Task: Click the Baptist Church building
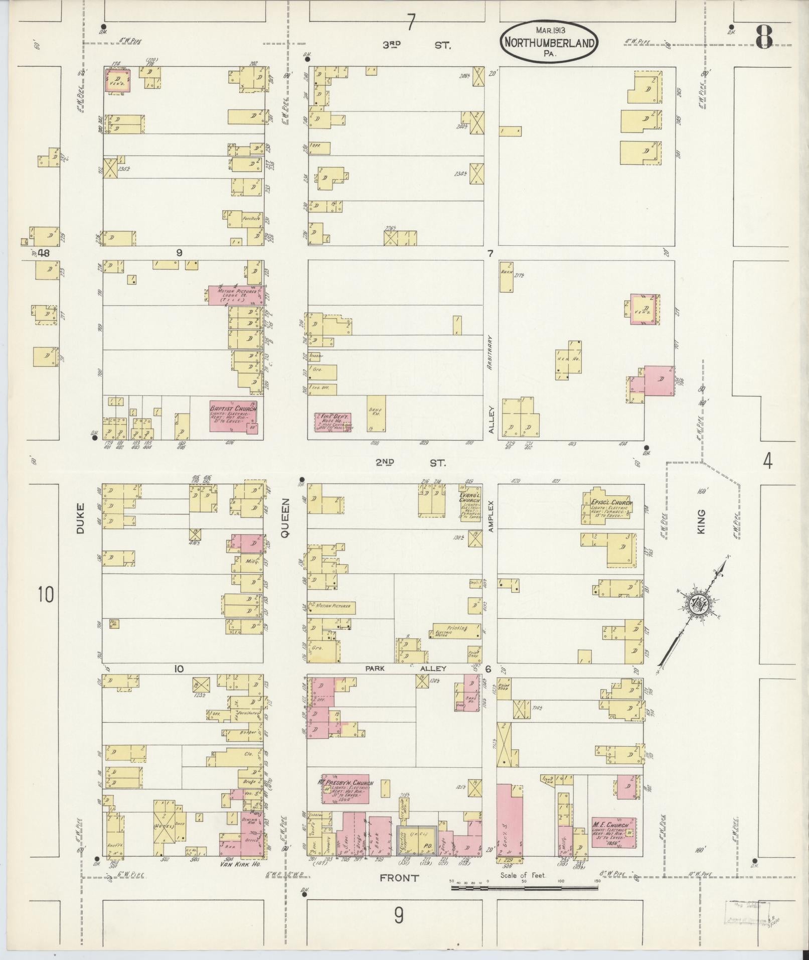233,416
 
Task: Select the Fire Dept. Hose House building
333,422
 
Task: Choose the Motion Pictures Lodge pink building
236,295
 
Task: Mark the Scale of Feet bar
524,888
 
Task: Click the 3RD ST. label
416,45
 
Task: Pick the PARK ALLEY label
405,668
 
